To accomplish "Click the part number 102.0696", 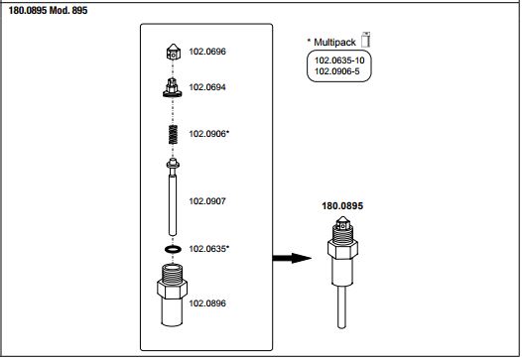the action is coord(207,52).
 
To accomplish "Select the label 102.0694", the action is coord(207,87).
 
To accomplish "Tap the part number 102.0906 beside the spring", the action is coord(207,134).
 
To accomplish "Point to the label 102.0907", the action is coord(207,201).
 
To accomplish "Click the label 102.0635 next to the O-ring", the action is coord(207,249).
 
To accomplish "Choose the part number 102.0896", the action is coord(207,303).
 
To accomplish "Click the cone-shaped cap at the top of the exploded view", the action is coord(173,52).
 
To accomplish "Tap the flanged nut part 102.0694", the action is coord(173,87).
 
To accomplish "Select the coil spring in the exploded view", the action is coord(173,135).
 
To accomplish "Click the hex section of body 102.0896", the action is coord(172,289).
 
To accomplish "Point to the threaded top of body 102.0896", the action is coord(172,273).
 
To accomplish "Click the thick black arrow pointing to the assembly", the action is coord(292,258).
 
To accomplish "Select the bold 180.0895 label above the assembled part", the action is coord(342,206).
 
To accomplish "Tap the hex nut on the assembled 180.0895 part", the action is coord(342,249).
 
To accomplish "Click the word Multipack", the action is coord(334,43).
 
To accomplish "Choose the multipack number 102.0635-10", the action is coord(339,60).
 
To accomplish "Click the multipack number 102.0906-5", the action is coord(336,71).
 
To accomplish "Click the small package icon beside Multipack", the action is coord(366,40).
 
